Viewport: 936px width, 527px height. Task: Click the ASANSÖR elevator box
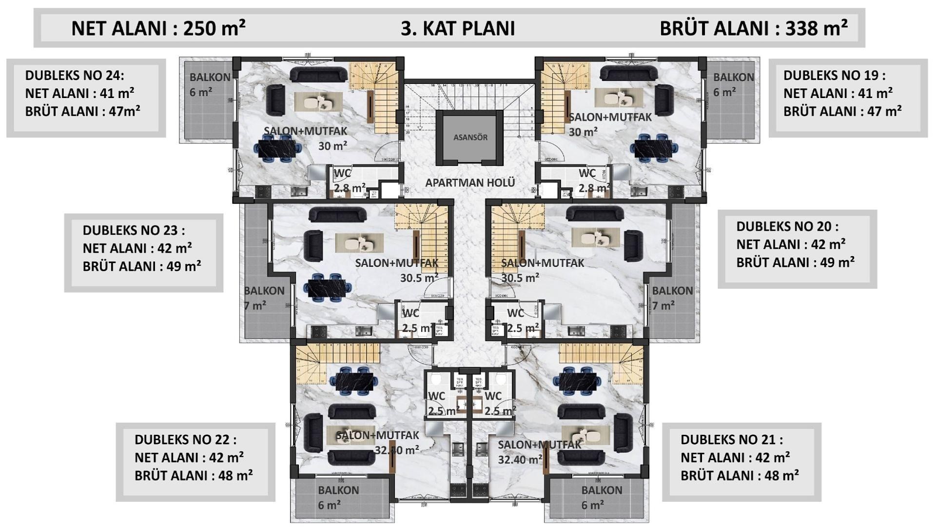pos(470,137)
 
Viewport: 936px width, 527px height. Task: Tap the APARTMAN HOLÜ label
pos(470,182)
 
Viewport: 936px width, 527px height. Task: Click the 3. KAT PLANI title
pos(457,28)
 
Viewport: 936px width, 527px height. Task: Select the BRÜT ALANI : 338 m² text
pos(753,28)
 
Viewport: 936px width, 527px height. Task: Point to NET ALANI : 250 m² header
pos(158,28)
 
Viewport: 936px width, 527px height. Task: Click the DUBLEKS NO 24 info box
pos(86,98)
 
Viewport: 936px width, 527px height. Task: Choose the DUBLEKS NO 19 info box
pos(848,98)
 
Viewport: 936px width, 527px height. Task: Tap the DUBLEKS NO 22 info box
pos(195,462)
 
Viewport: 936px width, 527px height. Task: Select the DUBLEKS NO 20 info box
pos(797,249)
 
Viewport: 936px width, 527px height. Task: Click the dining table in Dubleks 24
pos(276,149)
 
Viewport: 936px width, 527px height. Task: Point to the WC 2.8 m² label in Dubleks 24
pos(349,181)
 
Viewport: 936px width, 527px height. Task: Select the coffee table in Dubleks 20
pos(595,238)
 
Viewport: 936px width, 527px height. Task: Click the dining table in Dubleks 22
pos(354,381)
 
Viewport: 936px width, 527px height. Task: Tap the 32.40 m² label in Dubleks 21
pos(520,460)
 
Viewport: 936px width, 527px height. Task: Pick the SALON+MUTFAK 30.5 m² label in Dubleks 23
pos(398,270)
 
